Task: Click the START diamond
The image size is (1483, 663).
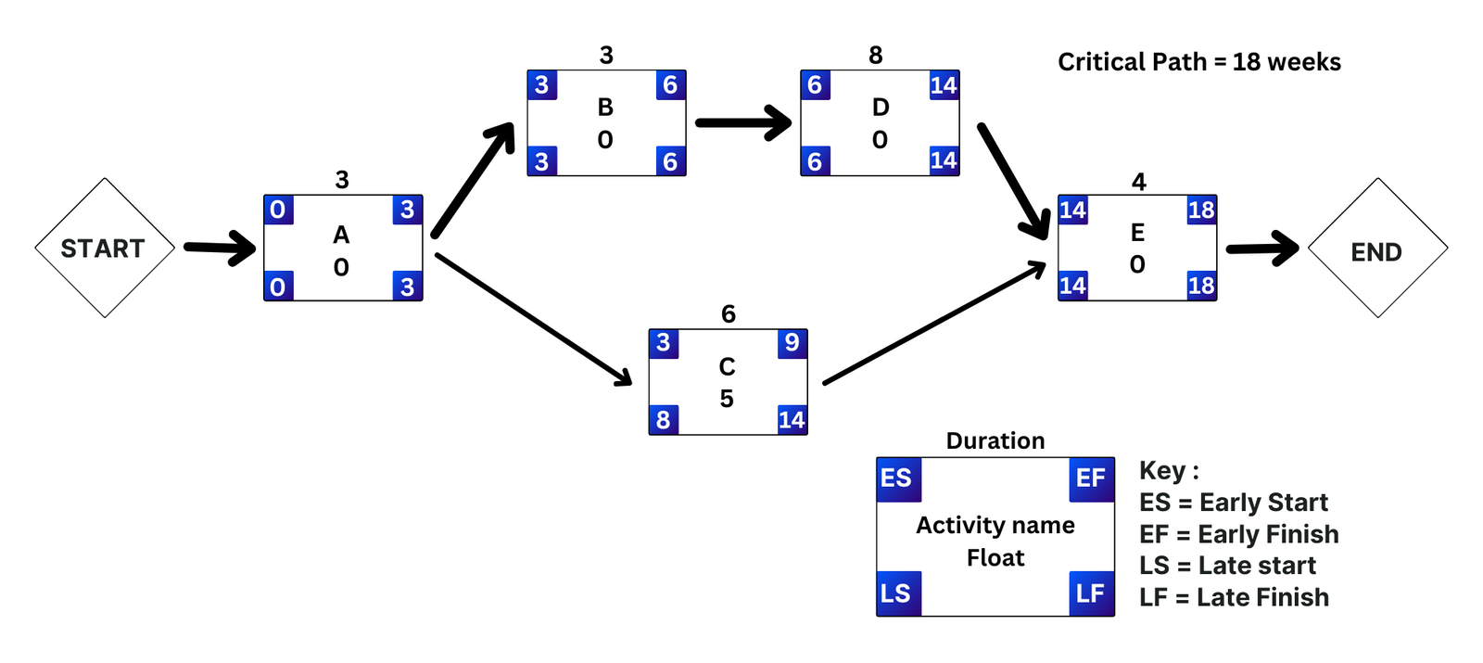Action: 104,249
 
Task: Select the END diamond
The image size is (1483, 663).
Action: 1377,251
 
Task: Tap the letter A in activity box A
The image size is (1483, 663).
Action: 341,236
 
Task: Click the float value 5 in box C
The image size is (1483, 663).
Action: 727,399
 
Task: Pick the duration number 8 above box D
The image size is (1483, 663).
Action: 875,56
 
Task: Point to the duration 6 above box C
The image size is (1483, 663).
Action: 729,314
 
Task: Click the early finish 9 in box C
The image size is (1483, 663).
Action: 792,343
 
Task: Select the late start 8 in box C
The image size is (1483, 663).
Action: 663,420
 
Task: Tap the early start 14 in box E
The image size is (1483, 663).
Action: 1072,210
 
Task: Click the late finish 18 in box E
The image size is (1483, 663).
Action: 1201,286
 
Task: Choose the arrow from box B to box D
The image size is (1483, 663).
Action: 743,122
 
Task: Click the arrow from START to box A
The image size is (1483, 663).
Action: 219,248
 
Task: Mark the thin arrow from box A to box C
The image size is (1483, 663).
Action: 533,318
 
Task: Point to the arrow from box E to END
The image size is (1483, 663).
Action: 1262,249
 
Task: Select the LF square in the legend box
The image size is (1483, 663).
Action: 1091,593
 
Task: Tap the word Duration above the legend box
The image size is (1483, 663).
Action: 995,440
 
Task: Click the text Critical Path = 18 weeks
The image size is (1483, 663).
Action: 1198,62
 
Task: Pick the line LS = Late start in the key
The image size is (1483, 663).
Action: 1227,566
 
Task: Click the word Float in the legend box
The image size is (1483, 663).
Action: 995,557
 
